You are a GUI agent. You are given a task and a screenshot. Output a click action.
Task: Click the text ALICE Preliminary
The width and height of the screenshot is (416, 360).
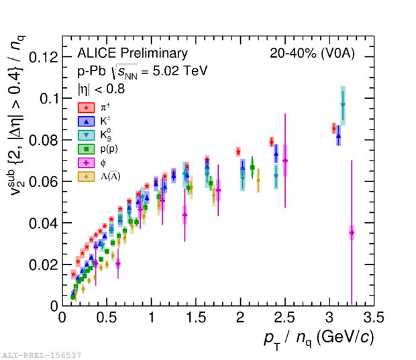click(x=132, y=54)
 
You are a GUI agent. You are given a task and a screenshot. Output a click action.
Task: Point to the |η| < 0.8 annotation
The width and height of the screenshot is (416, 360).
click(x=103, y=87)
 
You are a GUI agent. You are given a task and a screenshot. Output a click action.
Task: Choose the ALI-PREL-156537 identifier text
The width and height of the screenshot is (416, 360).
click(x=42, y=354)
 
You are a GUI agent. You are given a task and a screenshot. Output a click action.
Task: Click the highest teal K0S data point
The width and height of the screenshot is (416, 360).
click(x=342, y=105)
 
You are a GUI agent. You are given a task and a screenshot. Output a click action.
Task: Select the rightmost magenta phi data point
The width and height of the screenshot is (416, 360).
click(x=352, y=233)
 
